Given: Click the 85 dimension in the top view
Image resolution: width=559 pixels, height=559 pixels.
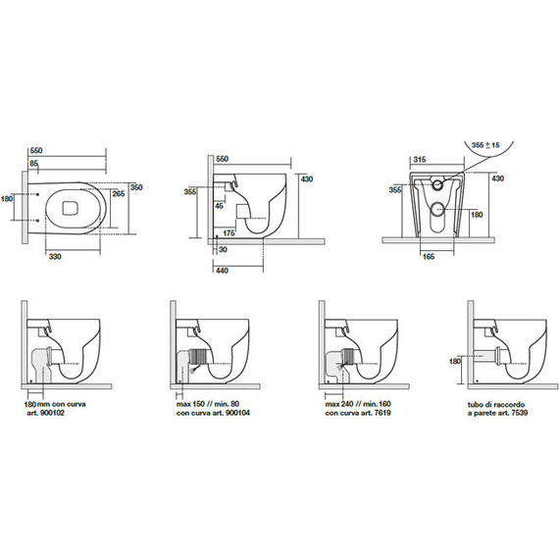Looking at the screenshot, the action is tap(33, 164).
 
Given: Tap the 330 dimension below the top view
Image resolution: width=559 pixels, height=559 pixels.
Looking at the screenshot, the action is tap(55, 256).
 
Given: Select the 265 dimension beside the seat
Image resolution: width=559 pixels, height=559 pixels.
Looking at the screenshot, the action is tap(119, 193).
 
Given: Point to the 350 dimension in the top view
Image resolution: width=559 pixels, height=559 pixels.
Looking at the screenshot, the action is tap(136, 187).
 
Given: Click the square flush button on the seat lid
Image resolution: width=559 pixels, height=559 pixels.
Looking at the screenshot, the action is tap(70, 208).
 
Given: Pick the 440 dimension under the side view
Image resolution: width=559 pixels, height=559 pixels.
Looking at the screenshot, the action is tap(222, 271).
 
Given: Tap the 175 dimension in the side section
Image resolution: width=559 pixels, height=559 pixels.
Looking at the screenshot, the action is tap(229, 233).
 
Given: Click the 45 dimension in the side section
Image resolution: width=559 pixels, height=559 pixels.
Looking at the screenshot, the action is tap(219, 206).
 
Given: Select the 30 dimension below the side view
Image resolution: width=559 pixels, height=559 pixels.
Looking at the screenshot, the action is tap(223, 249).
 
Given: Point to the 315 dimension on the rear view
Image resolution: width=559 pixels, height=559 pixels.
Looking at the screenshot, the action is tap(420, 160).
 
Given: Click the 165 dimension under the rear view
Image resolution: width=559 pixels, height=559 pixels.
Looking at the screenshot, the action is tap(429, 256).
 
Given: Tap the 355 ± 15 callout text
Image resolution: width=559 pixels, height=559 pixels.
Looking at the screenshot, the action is tap(485, 145).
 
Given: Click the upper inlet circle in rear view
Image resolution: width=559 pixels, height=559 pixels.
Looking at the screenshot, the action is tap(437, 184).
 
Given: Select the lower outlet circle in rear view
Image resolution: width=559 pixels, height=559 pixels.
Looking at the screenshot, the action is tap(437, 209).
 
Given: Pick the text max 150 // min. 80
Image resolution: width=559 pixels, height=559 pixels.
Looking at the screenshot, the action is tap(208, 404).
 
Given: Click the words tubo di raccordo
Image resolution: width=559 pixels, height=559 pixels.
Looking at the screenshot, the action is tap(496, 405).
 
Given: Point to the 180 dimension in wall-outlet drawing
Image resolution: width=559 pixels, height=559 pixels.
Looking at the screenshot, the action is tap(455, 362).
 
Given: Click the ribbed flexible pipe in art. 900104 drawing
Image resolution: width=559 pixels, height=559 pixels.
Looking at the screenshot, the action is tap(199, 357).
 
